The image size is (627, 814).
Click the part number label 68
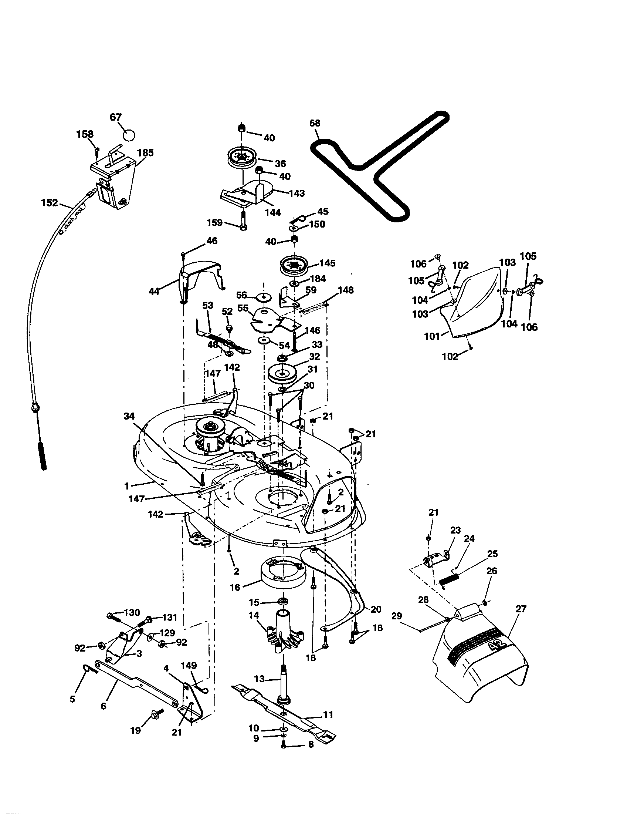click(315, 123)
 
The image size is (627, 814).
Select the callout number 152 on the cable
click(50, 203)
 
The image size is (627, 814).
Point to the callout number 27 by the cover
click(521, 609)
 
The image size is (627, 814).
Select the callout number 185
click(145, 153)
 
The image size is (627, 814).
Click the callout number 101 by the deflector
click(432, 336)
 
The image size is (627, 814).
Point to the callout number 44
click(154, 291)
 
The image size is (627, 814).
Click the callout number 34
click(129, 416)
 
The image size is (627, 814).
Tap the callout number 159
click(214, 222)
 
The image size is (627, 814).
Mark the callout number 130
click(132, 613)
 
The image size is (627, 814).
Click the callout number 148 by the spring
click(346, 290)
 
